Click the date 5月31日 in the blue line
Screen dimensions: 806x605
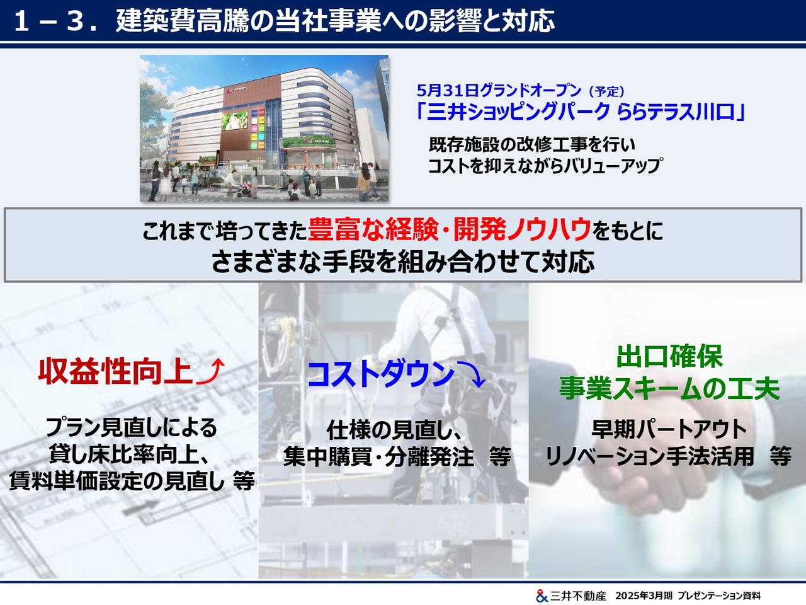(x=448, y=90)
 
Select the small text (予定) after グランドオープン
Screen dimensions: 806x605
(x=606, y=91)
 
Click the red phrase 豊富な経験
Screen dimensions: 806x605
(x=373, y=229)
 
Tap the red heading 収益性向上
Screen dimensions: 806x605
(x=115, y=371)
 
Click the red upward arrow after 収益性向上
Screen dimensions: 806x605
(x=210, y=371)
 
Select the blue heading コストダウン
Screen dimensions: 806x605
(x=381, y=374)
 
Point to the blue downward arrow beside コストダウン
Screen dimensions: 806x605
(x=472, y=374)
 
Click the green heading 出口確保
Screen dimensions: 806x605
(x=669, y=356)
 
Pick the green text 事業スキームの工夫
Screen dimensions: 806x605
(x=669, y=388)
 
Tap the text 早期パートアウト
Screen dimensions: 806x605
(x=669, y=429)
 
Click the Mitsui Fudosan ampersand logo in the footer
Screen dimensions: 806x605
(x=542, y=596)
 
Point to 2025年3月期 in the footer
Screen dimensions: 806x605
(x=644, y=596)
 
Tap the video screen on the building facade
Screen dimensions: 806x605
(x=234, y=121)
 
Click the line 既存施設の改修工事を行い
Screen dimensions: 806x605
(x=531, y=145)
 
